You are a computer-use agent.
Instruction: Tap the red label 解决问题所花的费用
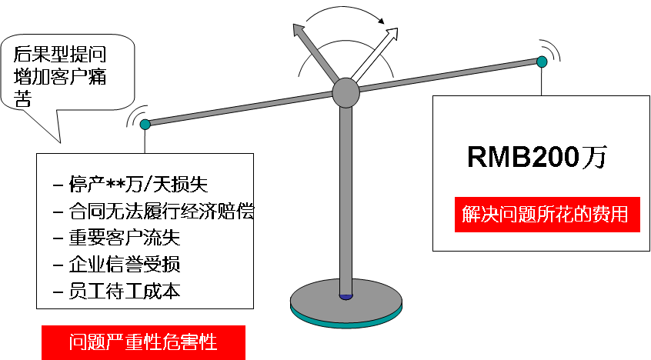(x=551, y=214)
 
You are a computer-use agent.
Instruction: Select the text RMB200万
(x=536, y=158)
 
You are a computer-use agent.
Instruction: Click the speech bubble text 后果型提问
(x=60, y=54)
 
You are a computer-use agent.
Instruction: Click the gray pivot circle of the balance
(x=346, y=92)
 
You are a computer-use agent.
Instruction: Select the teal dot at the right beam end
(x=542, y=61)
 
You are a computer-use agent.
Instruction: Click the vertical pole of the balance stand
(x=346, y=200)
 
